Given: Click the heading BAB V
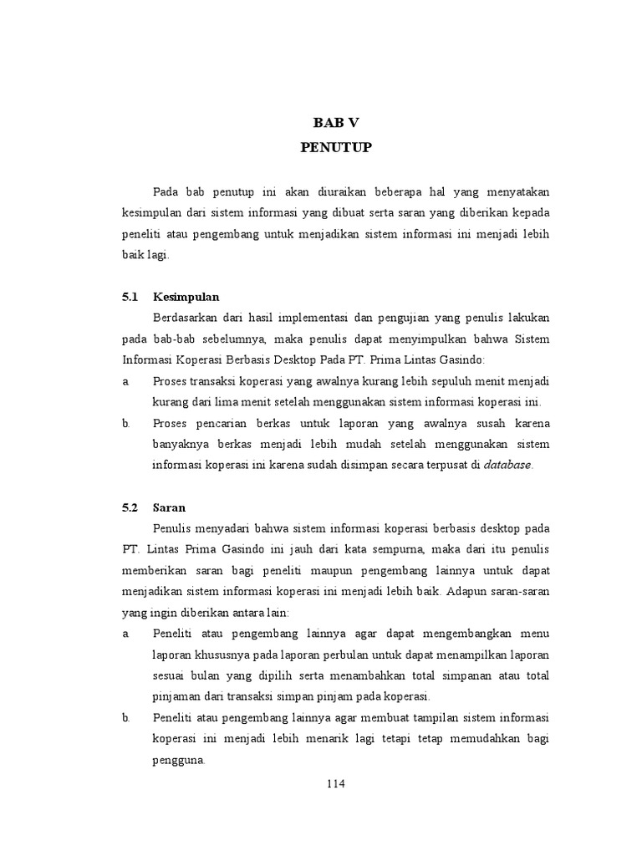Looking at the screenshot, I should tap(334, 124).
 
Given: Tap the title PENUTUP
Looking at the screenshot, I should tap(334, 148).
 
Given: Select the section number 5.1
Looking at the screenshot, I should tap(128, 296).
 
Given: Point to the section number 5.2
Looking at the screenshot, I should tap(128, 507).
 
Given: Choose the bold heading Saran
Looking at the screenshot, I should tap(170, 507).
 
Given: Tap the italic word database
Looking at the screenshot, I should tap(507, 465).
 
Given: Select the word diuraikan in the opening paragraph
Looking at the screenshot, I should tap(329, 192).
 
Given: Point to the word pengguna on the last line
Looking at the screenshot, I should tap(179, 760).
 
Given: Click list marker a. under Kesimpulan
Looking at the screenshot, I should tap(125, 381).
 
